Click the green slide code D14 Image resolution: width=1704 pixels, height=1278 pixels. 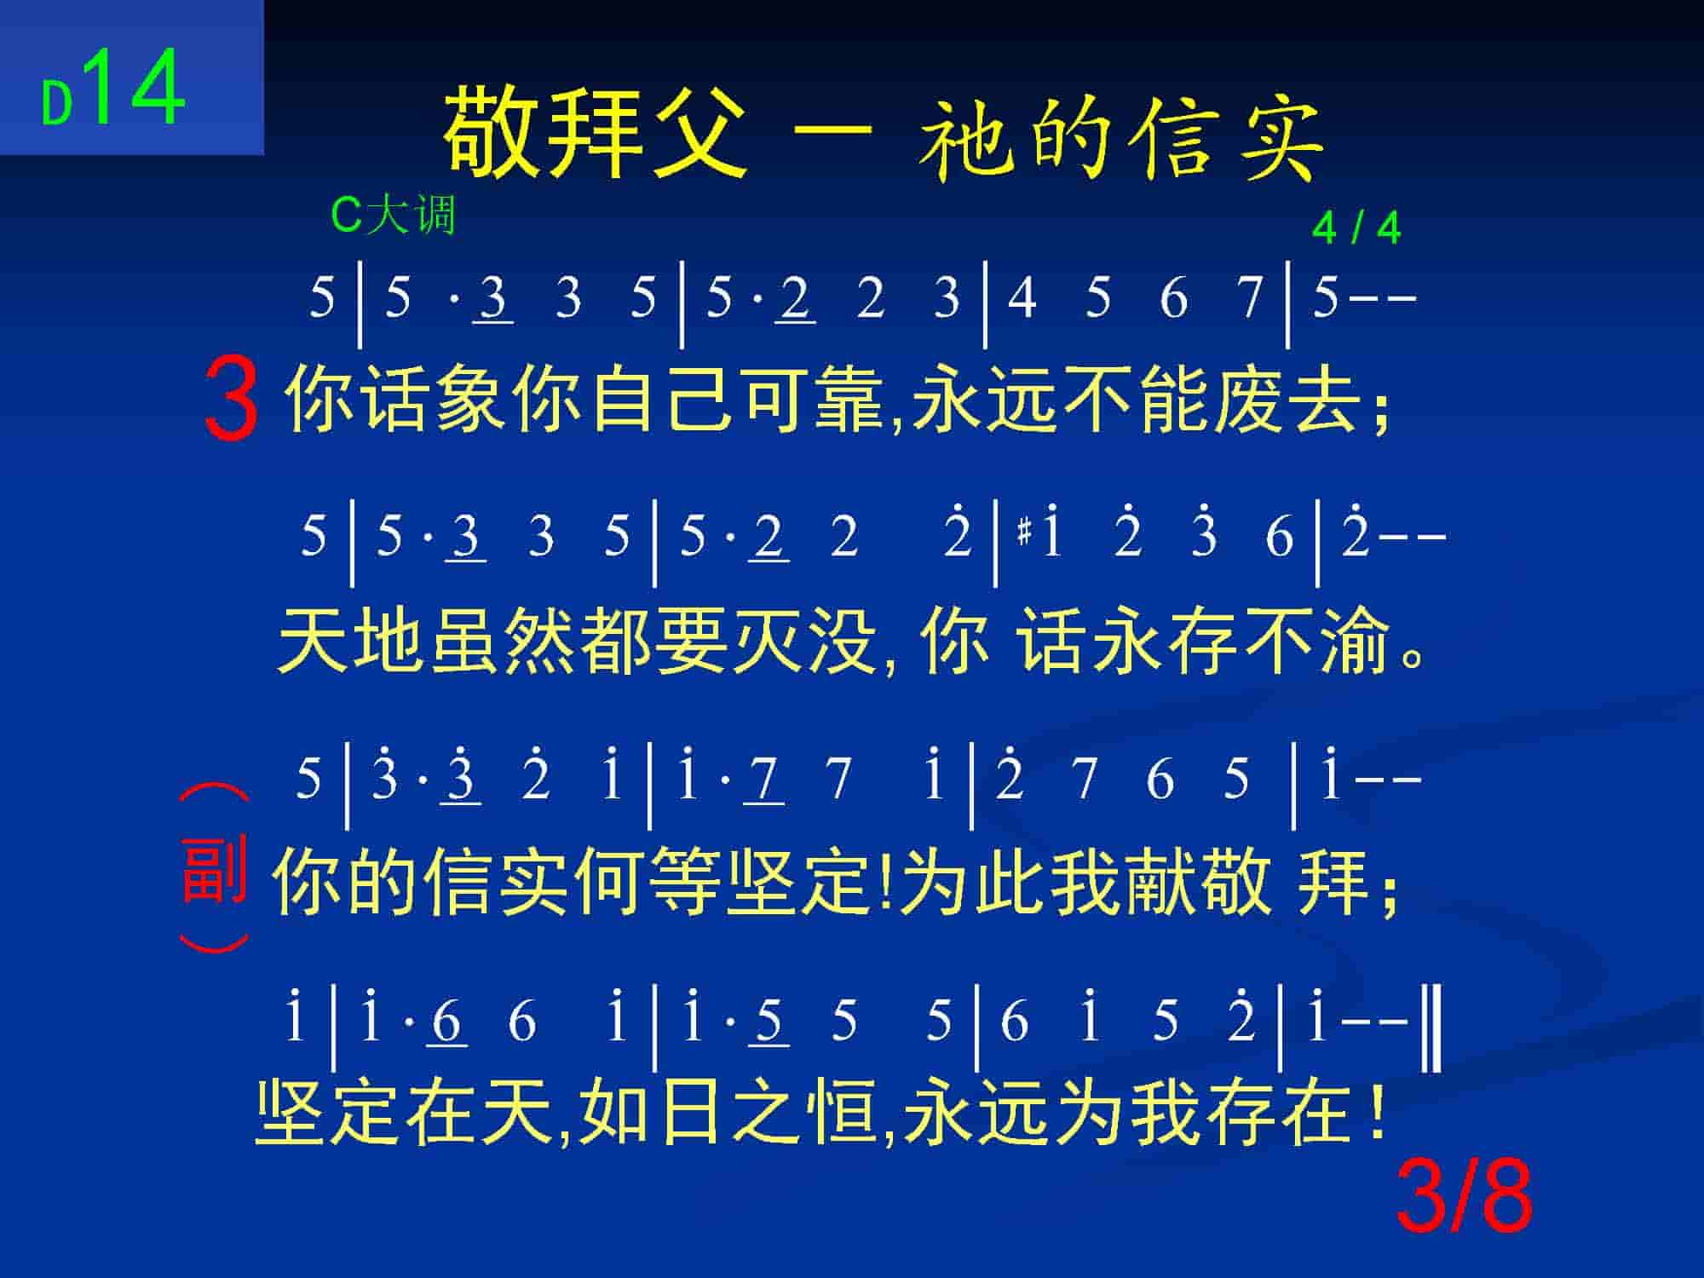(x=113, y=88)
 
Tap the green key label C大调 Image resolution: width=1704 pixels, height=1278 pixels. (x=393, y=215)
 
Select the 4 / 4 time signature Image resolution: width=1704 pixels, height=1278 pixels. (x=1356, y=227)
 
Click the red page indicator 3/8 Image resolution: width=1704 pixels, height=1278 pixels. (x=1465, y=1196)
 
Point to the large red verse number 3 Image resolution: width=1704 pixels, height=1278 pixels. (x=231, y=398)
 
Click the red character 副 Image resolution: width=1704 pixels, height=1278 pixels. (x=214, y=870)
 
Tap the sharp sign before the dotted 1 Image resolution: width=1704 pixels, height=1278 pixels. (x=1024, y=535)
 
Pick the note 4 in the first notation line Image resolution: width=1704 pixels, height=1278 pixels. (x=1022, y=298)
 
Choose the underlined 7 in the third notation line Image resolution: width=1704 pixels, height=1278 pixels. (x=764, y=779)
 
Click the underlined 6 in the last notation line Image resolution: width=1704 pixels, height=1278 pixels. (x=447, y=1020)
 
